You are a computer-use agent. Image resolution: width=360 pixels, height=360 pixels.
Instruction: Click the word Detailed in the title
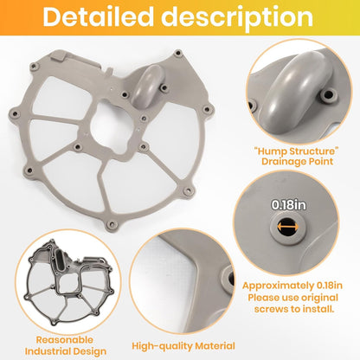99,17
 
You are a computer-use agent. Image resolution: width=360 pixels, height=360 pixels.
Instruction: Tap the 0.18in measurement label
288,205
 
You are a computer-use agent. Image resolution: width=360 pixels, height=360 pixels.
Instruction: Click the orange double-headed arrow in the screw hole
288,228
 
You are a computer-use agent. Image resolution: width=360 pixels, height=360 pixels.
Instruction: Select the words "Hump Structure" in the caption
297,151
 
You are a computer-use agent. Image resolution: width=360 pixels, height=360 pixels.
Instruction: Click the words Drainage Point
297,161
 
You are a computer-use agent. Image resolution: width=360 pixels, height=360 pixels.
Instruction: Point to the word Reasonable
65,340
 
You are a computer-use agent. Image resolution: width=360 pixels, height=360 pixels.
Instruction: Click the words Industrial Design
66,351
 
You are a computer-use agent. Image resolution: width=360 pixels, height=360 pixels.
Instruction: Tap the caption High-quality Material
183,346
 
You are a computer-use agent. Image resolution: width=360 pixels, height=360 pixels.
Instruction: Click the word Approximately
278,286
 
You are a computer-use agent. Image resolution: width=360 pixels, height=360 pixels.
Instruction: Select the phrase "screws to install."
294,309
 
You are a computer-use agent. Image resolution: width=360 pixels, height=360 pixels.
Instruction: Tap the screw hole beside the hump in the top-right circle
329,94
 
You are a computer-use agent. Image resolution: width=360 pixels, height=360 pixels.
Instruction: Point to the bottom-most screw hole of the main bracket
111,224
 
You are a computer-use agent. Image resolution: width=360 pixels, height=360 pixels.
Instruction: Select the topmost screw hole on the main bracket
178,54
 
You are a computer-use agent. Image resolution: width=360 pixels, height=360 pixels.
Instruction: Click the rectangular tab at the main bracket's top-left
59,55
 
